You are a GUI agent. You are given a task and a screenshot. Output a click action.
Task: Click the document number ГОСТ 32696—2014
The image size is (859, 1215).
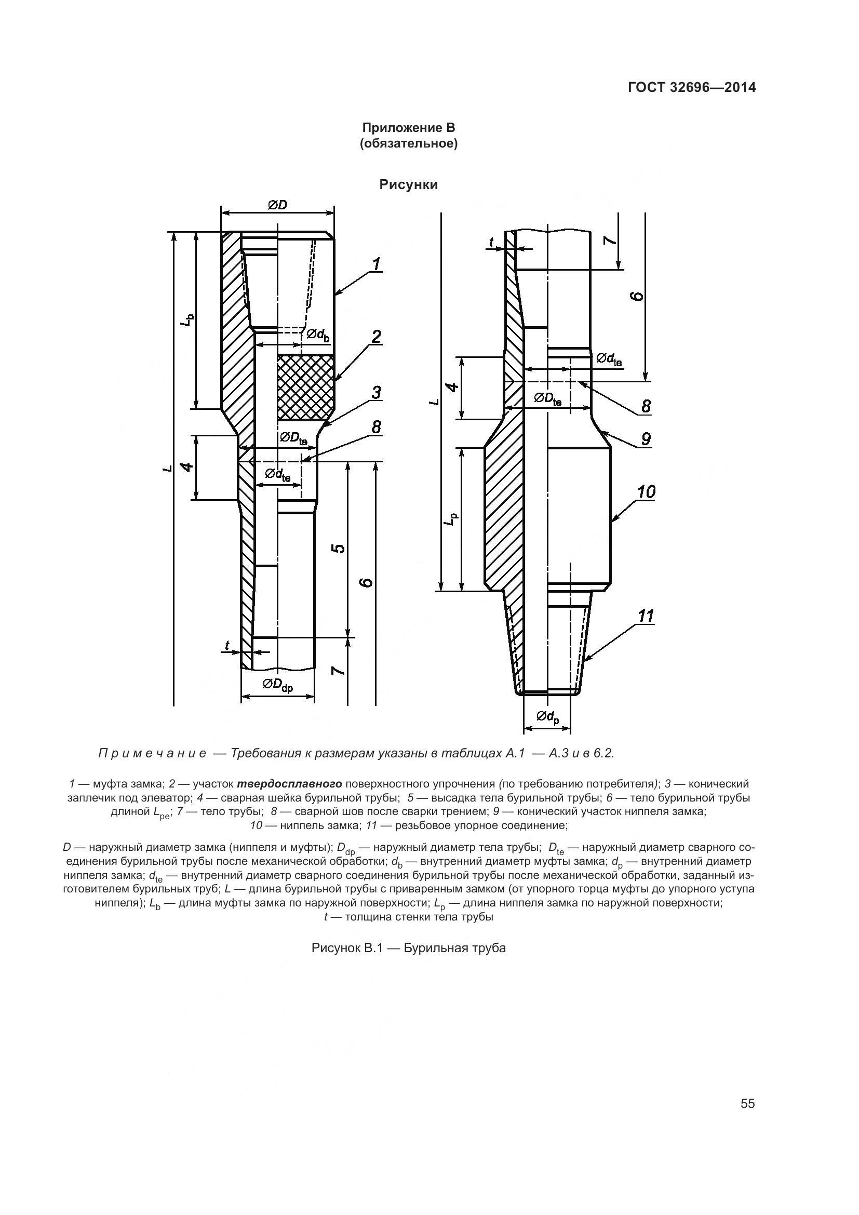click(691, 88)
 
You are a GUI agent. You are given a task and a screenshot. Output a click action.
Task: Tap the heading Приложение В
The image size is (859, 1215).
click(408, 128)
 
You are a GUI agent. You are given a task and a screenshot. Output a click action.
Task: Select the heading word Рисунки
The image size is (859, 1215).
click(408, 185)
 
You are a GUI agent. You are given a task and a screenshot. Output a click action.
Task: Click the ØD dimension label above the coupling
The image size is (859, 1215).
click(277, 205)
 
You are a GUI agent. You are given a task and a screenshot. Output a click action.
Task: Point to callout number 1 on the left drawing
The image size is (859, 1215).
click(377, 264)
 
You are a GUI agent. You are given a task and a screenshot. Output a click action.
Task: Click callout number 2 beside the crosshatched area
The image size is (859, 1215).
click(377, 337)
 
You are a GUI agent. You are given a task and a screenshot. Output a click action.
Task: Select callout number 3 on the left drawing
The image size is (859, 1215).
click(377, 393)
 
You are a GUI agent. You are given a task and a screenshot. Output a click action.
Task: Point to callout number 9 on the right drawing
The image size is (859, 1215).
click(646, 439)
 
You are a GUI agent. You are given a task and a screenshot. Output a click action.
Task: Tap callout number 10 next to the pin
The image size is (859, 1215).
click(646, 492)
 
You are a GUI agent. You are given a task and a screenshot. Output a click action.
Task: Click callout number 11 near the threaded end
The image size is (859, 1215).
click(646, 616)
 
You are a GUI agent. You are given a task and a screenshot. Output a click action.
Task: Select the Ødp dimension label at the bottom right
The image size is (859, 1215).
click(547, 717)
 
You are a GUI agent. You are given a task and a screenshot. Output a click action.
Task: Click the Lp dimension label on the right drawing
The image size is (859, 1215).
click(450, 519)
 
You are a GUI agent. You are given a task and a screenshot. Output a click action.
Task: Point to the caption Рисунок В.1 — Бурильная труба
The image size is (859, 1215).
click(408, 948)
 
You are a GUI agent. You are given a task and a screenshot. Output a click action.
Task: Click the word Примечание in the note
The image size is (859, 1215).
click(152, 754)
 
